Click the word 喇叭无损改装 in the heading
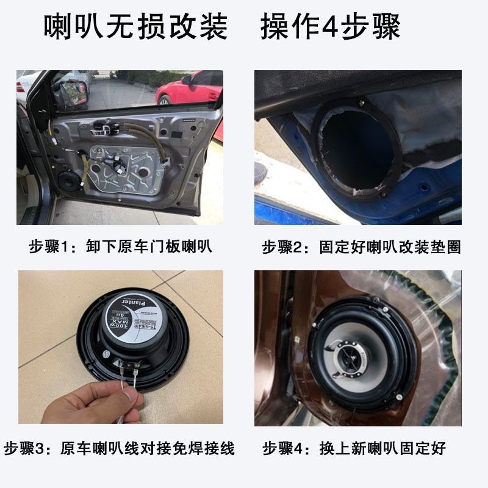135,27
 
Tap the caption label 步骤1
52,247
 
